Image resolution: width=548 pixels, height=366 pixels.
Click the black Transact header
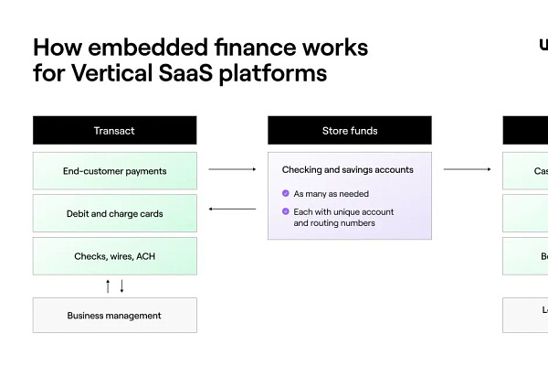tap(114, 130)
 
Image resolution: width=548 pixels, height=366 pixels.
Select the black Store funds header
tap(349, 130)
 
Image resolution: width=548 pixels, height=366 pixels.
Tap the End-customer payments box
tap(114, 171)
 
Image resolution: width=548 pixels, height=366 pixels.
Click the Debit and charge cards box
tap(114, 213)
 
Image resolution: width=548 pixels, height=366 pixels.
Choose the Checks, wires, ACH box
tap(114, 256)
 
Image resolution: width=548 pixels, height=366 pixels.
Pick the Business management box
tap(114, 316)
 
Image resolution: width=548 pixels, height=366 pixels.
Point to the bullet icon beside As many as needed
tap(286, 194)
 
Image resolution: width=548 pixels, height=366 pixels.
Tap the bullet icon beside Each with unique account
tap(286, 211)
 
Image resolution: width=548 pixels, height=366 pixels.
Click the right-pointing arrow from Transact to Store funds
tap(232, 169)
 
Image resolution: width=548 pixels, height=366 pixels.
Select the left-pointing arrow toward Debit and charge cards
tap(232, 210)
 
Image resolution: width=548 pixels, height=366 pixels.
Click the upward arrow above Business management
tap(108, 286)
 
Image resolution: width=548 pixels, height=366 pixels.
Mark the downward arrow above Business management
tap(121, 286)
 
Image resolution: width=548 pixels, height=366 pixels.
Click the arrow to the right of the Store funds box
tap(467, 169)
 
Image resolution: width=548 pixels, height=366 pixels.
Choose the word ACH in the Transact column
tap(145, 256)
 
